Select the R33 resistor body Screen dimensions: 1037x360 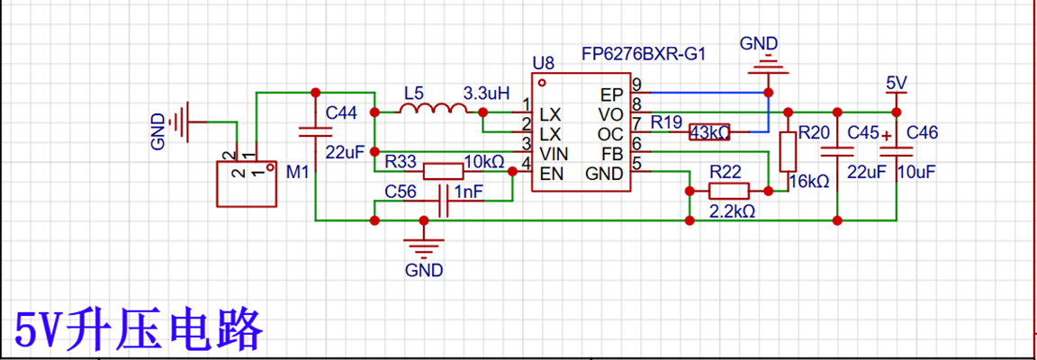pyautogui.click(x=443, y=171)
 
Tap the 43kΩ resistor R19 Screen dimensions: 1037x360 pyautogui.click(x=709, y=131)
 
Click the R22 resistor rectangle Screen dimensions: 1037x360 pyautogui.click(x=729, y=191)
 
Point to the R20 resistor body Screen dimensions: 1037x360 pyautogui.click(x=787, y=152)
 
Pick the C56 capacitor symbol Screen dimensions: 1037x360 pyautogui.click(x=443, y=202)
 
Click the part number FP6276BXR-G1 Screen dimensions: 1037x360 pyautogui.click(x=643, y=54)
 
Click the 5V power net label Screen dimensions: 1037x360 pyautogui.click(x=897, y=83)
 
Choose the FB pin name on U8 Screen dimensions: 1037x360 pyautogui.click(x=612, y=154)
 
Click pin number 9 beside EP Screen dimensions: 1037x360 pyautogui.click(x=636, y=84)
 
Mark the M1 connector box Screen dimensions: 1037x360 pyautogui.click(x=246, y=184)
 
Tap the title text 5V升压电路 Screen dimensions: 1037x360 pyautogui.click(x=139, y=328)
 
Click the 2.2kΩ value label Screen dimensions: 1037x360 pyautogui.click(x=732, y=211)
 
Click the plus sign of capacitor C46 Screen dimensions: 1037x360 pyautogui.click(x=884, y=136)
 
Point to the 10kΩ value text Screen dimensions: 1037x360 pyautogui.click(x=486, y=161)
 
